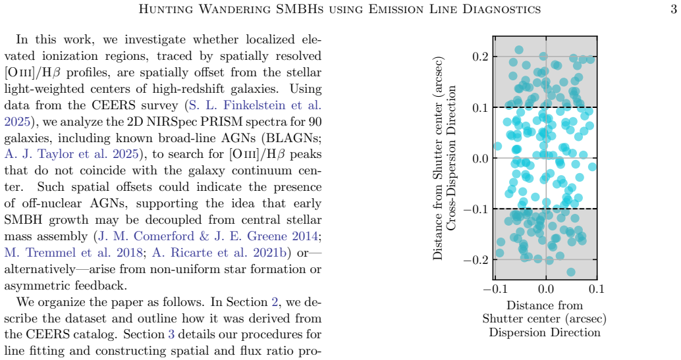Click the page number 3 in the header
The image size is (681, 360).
coord(673,9)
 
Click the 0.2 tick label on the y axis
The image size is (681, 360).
coord(481,57)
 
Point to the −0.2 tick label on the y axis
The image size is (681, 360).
coord(476,260)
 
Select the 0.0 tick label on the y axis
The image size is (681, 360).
coord(481,158)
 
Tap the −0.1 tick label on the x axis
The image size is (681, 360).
coord(495,289)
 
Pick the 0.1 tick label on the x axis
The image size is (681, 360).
coord(596,289)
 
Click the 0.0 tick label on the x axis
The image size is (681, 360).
coord(545,289)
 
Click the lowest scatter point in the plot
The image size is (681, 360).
coord(571,272)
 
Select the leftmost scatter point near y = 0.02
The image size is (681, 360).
coord(497,146)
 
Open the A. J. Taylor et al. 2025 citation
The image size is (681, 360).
coord(71,154)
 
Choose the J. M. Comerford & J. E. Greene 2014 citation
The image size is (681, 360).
coord(209,236)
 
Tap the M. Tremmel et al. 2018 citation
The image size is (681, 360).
coord(73,253)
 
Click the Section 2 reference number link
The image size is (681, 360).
coord(275,302)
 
